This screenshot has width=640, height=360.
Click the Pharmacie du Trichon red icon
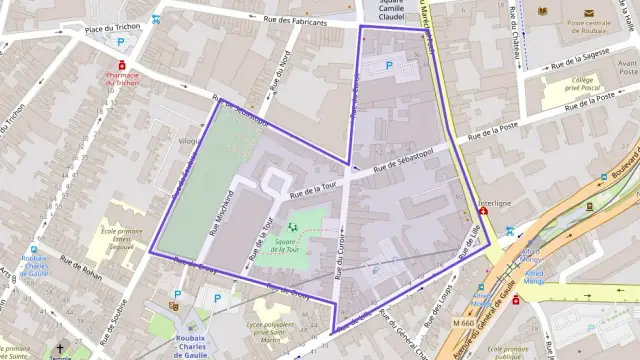(122, 65)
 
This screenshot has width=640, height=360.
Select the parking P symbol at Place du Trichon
(122, 43)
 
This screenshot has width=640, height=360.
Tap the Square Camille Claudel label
(391, 10)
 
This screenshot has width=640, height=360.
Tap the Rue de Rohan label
(83, 265)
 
